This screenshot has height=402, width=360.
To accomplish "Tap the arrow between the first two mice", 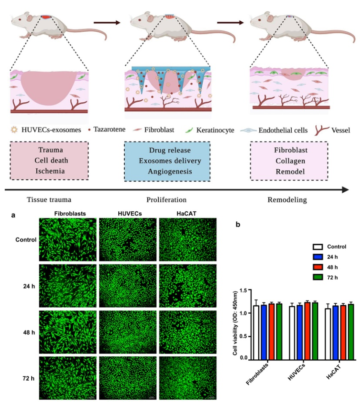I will click(107, 23).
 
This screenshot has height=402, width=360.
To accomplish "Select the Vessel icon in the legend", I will click(316, 130).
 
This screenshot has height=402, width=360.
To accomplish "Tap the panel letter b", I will click(237, 225).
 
